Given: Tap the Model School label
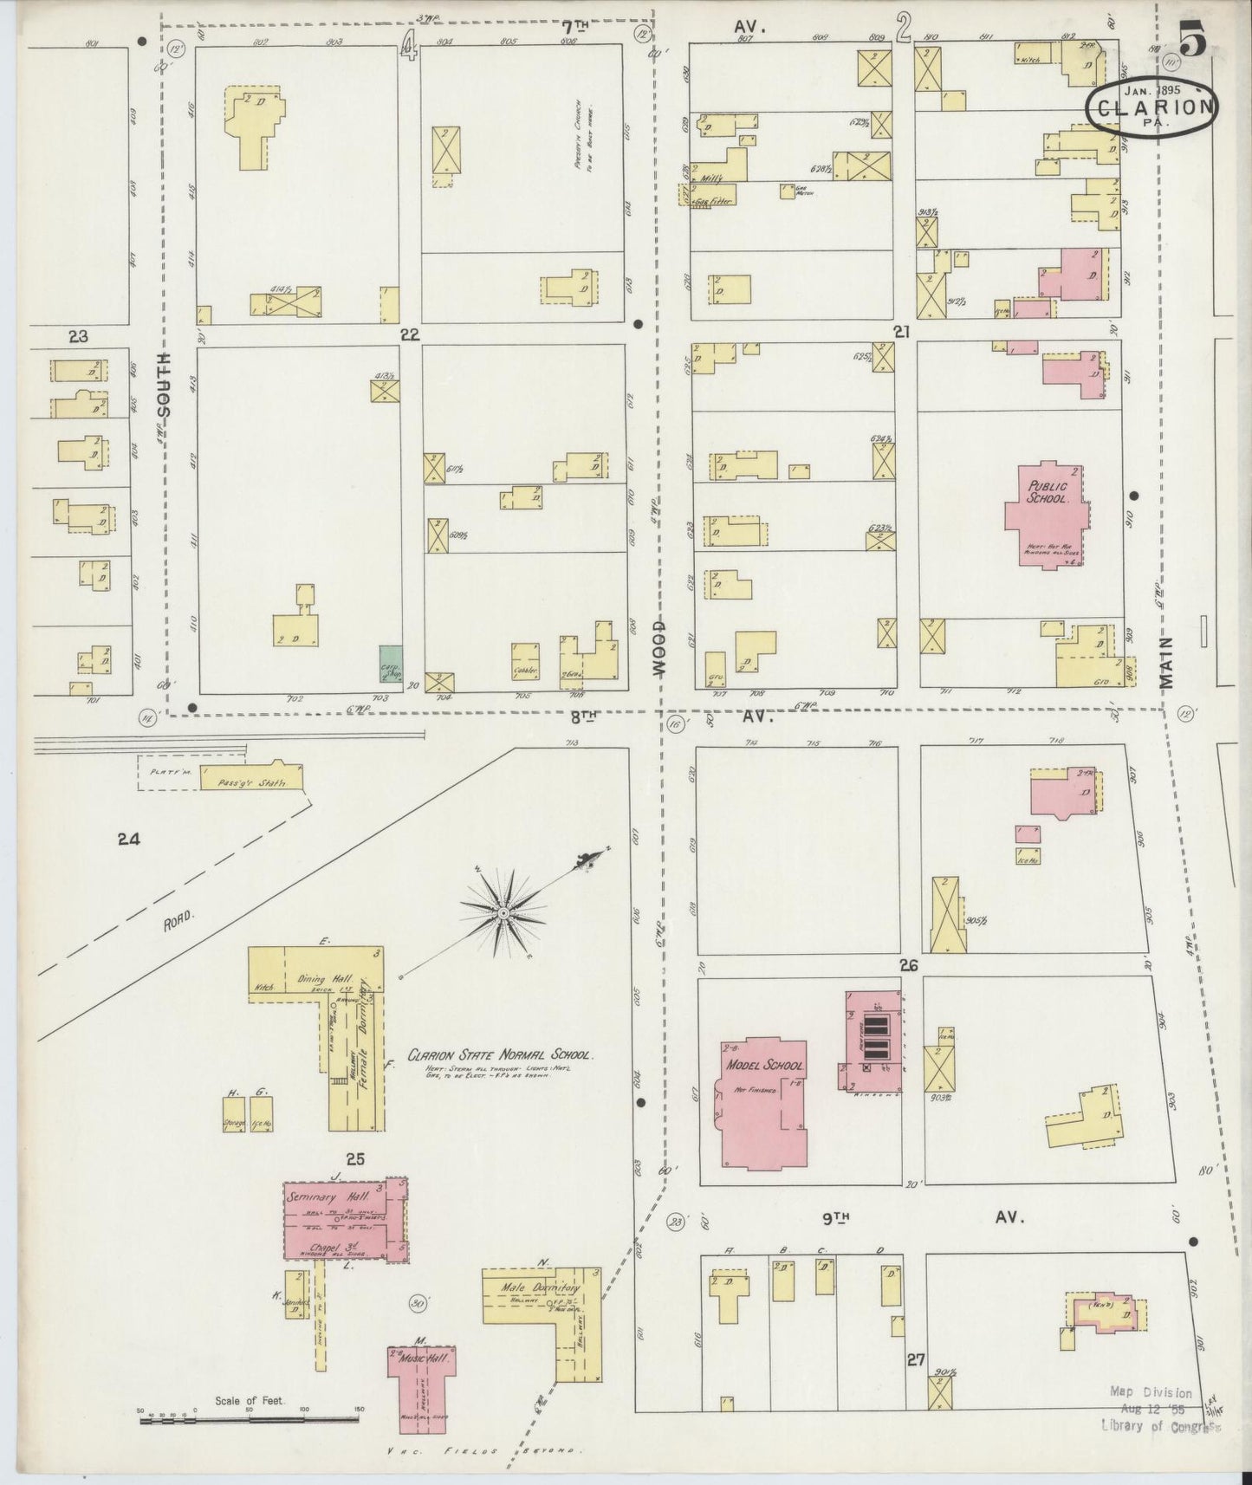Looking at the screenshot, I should click(764, 1066).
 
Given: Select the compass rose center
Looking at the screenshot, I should click(503, 913).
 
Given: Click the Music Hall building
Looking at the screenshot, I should click(421, 1379).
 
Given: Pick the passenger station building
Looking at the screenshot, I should click(251, 779).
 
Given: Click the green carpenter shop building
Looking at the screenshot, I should click(389, 668).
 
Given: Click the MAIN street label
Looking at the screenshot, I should click(1166, 662).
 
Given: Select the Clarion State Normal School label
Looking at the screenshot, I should click(501, 1055).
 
